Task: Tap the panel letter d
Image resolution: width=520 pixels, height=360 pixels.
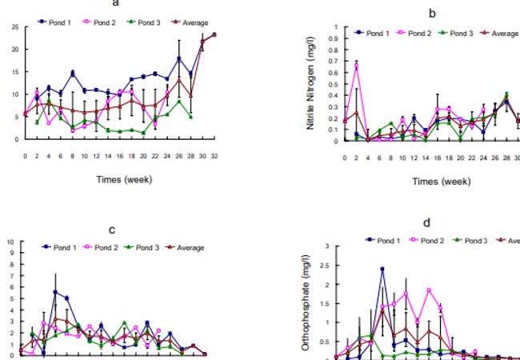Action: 425,224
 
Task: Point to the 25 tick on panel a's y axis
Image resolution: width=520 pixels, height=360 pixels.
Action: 15,27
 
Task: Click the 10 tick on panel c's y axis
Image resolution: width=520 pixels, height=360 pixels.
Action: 10,241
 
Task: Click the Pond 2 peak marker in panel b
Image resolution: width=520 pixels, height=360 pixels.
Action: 356,66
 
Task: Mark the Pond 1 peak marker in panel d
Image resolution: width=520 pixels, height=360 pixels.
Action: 382,269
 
